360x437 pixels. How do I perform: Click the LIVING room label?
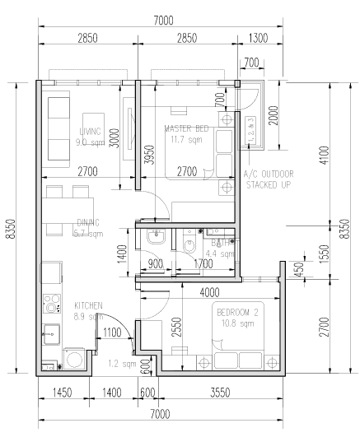point(90,131)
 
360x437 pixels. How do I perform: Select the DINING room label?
point(88,222)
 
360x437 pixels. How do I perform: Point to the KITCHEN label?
point(88,305)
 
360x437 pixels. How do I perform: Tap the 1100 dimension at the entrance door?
point(114,332)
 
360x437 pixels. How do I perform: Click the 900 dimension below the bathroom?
point(154,264)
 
